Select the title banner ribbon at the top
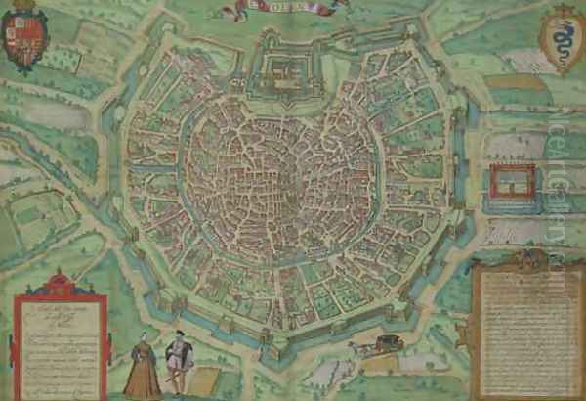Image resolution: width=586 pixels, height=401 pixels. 287,9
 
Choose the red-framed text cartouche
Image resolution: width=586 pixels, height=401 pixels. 61,337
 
